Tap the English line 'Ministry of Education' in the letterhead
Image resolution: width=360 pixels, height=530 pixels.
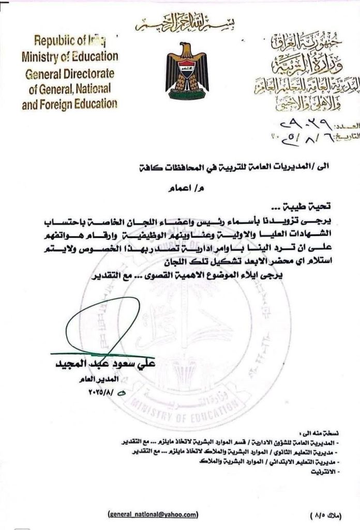pos(69,56)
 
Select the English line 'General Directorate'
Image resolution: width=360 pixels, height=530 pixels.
pos(71,72)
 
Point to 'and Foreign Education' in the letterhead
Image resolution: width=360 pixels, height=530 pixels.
pos(69,104)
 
